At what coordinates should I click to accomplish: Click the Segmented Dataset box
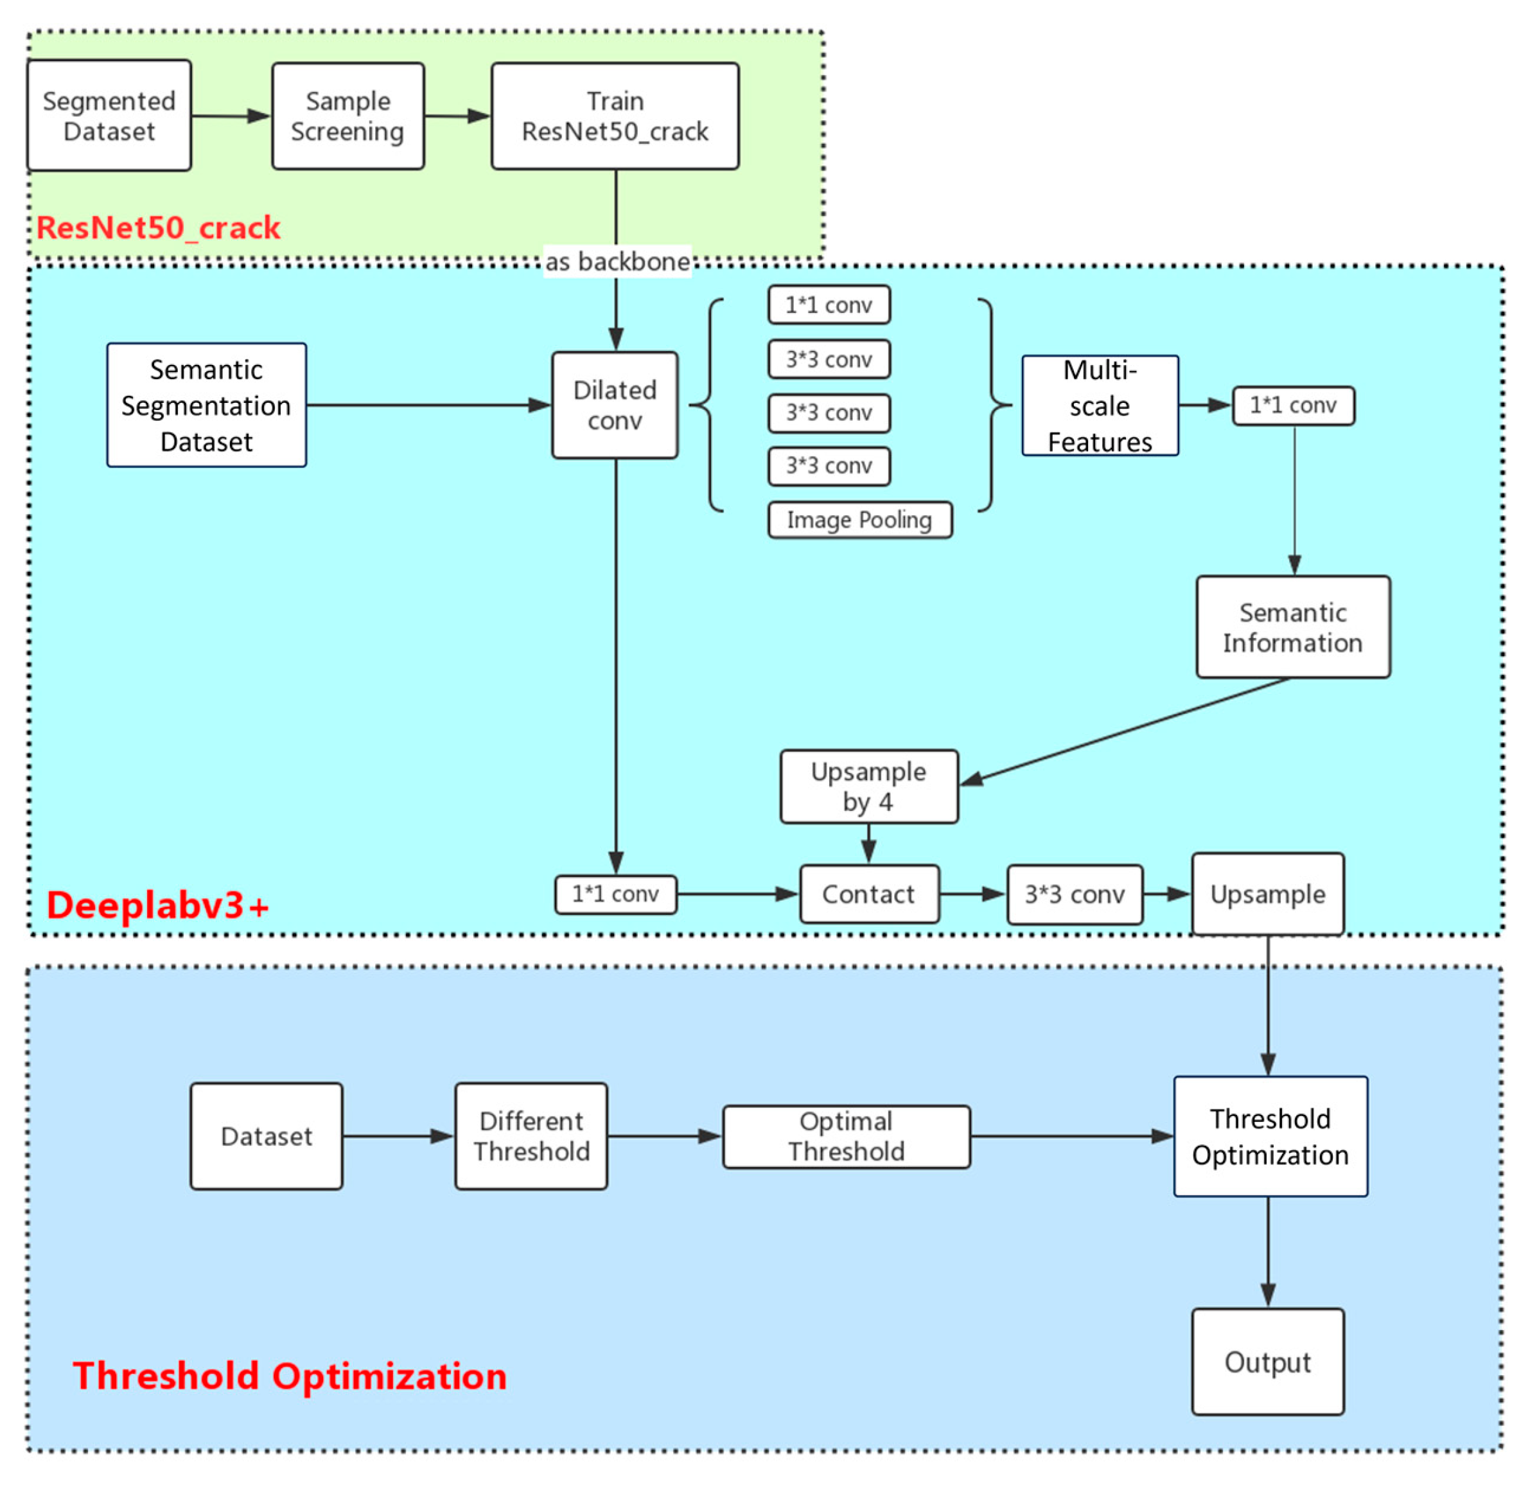tap(109, 116)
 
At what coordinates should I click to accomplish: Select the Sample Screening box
tap(347, 116)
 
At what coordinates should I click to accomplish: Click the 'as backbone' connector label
tap(617, 262)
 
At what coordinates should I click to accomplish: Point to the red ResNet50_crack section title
tap(158, 227)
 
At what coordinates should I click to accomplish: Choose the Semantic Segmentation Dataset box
tap(207, 405)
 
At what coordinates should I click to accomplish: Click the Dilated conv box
tap(614, 405)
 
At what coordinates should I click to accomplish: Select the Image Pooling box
tap(859, 519)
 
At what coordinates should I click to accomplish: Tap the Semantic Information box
tap(1292, 627)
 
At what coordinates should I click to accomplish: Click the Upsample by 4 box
tap(868, 786)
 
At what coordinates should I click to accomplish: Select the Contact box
tap(868, 894)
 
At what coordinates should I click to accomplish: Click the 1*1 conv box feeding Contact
tap(615, 894)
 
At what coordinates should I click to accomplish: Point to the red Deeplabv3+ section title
tap(158, 905)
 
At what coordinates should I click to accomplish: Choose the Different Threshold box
tap(531, 1135)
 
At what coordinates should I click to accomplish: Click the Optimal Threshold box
tap(846, 1135)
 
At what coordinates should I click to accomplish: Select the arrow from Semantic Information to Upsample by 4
tap(1123, 730)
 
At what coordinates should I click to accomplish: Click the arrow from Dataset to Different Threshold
tap(398, 1135)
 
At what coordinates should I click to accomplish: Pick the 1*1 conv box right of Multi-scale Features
tap(1292, 405)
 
